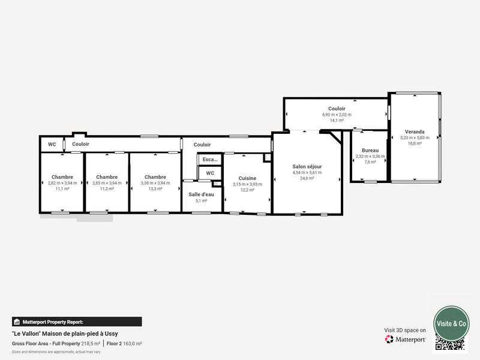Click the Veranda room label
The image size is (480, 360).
415,131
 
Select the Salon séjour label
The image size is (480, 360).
307,166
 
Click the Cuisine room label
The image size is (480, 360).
247,178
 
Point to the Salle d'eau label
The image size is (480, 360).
201,194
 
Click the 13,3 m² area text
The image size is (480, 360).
155,188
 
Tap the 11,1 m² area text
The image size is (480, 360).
62,188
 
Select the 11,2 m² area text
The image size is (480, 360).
107,188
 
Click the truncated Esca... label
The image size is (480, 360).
210,160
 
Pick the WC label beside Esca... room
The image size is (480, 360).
210,173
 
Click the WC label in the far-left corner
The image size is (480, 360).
52,145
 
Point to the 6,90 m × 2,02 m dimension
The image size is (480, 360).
337,114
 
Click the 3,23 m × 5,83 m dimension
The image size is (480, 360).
415,137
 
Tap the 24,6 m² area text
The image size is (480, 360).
307,178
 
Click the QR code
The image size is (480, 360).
450,343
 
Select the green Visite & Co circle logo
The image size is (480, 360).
451,323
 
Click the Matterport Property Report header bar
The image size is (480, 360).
77,322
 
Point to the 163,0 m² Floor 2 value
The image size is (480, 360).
132,344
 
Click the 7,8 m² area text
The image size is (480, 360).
370,162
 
